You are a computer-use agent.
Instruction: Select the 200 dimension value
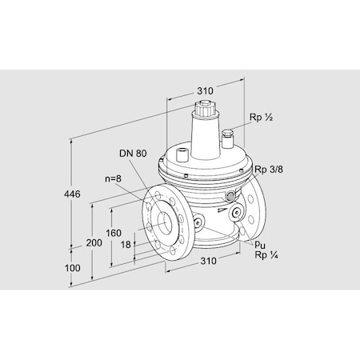tap(94, 242)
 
